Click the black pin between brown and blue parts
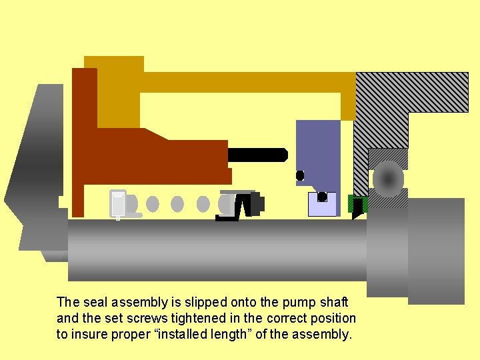tap(257, 155)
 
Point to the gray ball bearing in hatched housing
tap(388, 179)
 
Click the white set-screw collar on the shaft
tap(119, 204)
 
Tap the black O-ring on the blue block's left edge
tap(300, 175)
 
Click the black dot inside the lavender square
tap(322, 197)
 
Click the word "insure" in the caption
tap(89, 334)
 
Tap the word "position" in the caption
tap(331, 318)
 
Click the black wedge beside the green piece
tap(357, 208)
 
